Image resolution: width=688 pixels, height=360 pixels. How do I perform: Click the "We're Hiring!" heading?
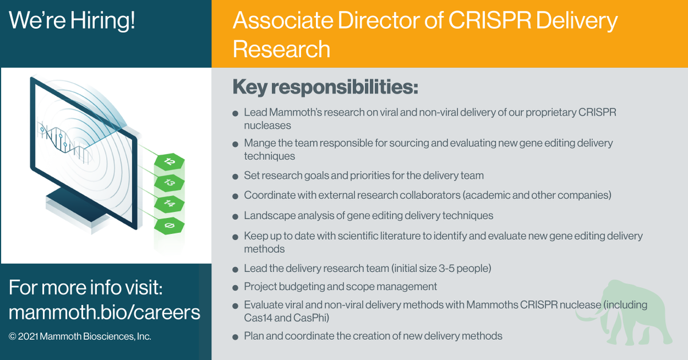coord(72,21)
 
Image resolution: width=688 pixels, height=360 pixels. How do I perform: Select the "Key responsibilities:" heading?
coord(325,88)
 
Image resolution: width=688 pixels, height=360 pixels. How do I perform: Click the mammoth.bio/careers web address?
coord(104,312)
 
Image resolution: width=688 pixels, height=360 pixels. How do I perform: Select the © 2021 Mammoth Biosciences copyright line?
coord(80,336)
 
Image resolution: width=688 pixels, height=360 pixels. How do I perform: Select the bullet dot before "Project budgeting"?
coord(235,287)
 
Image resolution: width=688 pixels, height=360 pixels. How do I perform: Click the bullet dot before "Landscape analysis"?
coord(235,217)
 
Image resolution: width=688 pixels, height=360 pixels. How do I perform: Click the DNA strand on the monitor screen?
coord(63,138)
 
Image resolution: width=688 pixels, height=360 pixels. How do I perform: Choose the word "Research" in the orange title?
coord(282,49)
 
